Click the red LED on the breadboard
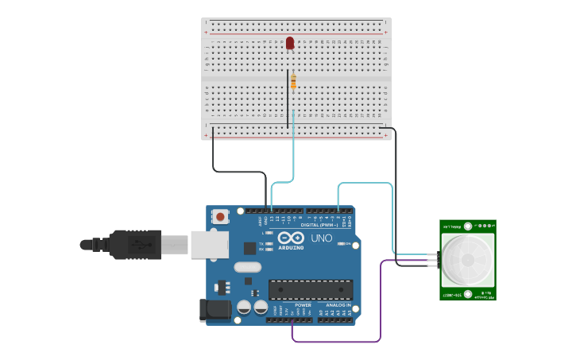click(x=290, y=42)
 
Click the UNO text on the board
click(x=321, y=238)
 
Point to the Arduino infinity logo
click(x=291, y=238)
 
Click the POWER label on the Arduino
click(x=303, y=304)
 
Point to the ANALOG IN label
click(x=336, y=304)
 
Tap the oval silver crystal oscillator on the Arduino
click(x=247, y=267)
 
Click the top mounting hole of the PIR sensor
click(x=468, y=226)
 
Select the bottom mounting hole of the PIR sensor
click(x=468, y=294)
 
